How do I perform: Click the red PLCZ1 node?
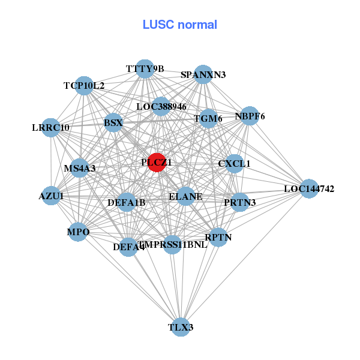click(157, 163)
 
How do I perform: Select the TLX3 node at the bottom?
click(181, 327)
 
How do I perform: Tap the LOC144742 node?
click(308, 189)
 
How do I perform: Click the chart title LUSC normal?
click(180, 25)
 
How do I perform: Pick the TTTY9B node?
click(145, 69)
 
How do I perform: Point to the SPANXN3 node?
click(203, 74)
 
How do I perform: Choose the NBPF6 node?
click(250, 116)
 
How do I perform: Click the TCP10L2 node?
click(85, 86)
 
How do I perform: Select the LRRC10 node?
click(51, 128)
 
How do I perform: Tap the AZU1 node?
click(52, 196)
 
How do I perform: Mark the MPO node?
click(79, 232)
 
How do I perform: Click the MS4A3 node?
click(80, 169)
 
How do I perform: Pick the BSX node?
click(113, 124)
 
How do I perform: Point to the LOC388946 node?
click(161, 107)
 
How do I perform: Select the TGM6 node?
click(208, 118)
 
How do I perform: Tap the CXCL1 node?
click(234, 163)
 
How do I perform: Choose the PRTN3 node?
click(239, 202)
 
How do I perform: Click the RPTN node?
click(218, 237)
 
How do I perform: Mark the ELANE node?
click(185, 196)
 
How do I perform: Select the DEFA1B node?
click(127, 202)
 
